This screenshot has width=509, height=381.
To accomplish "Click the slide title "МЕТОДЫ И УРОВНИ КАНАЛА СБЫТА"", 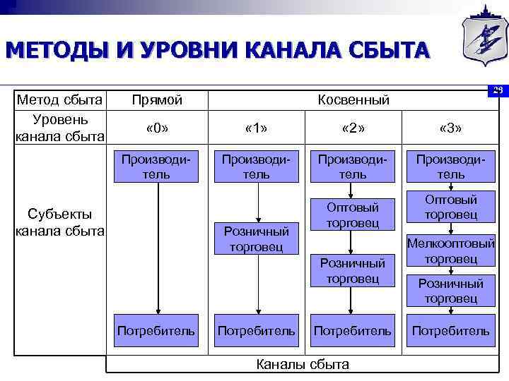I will [x=216, y=52].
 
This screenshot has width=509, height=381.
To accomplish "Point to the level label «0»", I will [x=157, y=128].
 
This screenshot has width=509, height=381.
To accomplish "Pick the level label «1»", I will [x=256, y=128].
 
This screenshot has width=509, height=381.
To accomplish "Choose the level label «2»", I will [x=352, y=128].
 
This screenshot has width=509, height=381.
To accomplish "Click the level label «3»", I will [x=450, y=128].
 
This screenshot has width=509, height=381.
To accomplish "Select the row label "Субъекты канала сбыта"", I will [x=60, y=222].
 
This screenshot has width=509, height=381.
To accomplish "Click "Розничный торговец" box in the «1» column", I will [x=256, y=238].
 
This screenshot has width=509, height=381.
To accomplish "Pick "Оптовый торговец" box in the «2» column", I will [x=352, y=214].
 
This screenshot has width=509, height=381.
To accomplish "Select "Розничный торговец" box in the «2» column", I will [x=352, y=271].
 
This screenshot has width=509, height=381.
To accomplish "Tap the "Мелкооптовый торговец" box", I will [x=450, y=251].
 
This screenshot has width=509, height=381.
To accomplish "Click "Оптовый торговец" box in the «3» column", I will [x=450, y=207].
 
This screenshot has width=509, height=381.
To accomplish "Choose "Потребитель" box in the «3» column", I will [x=450, y=330].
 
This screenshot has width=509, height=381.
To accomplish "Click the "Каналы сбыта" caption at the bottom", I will [x=302, y=364].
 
